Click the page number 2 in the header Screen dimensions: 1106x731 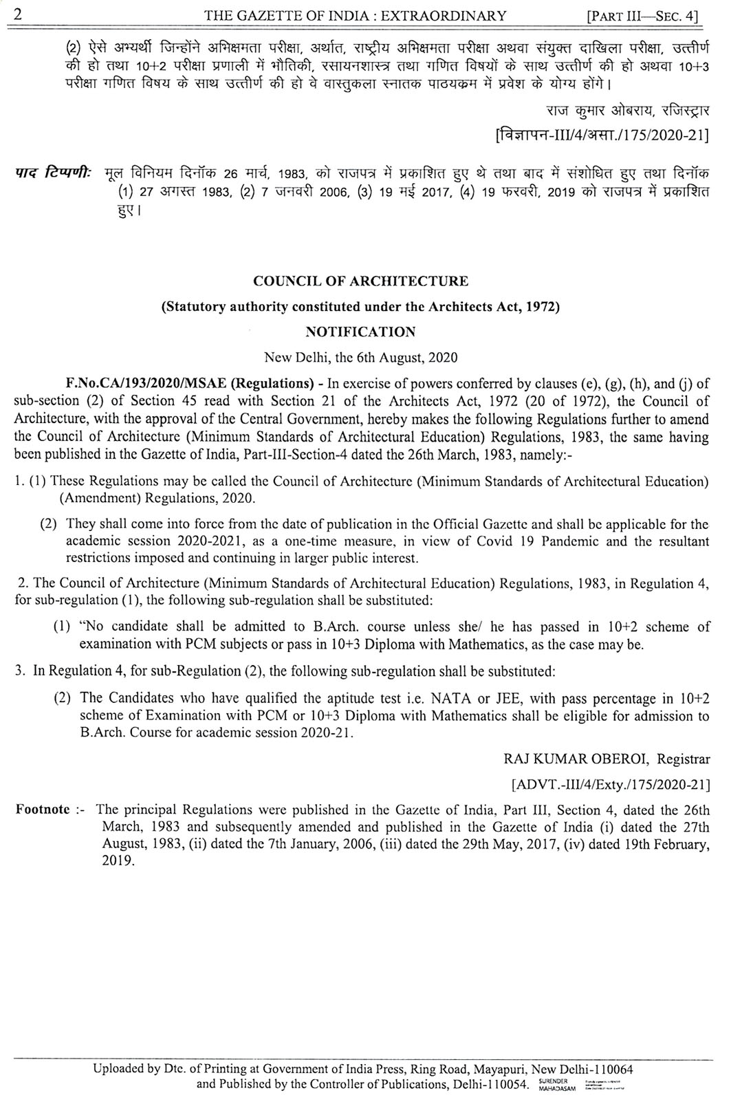19,13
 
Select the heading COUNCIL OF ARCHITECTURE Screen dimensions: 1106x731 361,281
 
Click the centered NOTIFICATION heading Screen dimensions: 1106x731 360,332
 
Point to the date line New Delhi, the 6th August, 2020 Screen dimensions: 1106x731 361,358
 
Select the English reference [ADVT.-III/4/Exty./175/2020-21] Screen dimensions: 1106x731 611,784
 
